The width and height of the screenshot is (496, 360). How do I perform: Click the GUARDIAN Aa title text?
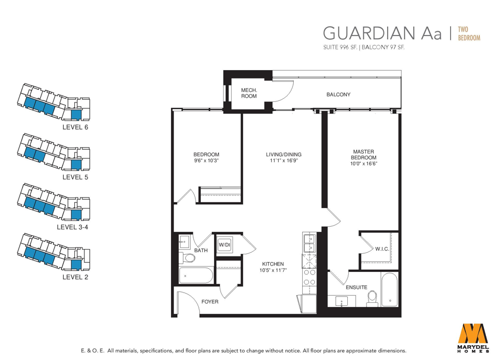[x=382, y=33]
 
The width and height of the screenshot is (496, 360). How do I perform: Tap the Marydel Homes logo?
[x=473, y=336]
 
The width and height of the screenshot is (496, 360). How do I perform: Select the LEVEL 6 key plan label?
[x=75, y=127]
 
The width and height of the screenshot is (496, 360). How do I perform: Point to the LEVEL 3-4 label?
[x=72, y=227]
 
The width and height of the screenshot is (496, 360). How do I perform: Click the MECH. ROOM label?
[x=249, y=93]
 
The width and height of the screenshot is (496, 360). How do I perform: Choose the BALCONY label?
[x=338, y=95]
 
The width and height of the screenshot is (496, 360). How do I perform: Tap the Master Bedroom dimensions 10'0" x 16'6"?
[x=364, y=164]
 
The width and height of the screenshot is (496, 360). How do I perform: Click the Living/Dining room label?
[x=284, y=155]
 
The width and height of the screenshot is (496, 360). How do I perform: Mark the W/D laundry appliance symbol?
[x=224, y=245]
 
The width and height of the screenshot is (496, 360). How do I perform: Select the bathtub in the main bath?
[x=196, y=275]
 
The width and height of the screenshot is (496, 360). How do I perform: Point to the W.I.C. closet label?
[x=382, y=249]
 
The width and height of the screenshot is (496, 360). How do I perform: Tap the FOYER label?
[x=210, y=302]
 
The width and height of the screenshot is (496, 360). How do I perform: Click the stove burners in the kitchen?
[x=310, y=277]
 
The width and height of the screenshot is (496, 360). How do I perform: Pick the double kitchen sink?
[x=310, y=243]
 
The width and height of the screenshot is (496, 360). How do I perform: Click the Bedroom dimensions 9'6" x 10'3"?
[x=206, y=161]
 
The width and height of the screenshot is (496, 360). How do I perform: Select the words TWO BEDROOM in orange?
[x=469, y=33]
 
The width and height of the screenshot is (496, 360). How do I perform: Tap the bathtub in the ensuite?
[x=389, y=290]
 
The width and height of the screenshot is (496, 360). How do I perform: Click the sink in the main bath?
[x=184, y=242]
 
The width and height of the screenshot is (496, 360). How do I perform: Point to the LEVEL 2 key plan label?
[x=75, y=277]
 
